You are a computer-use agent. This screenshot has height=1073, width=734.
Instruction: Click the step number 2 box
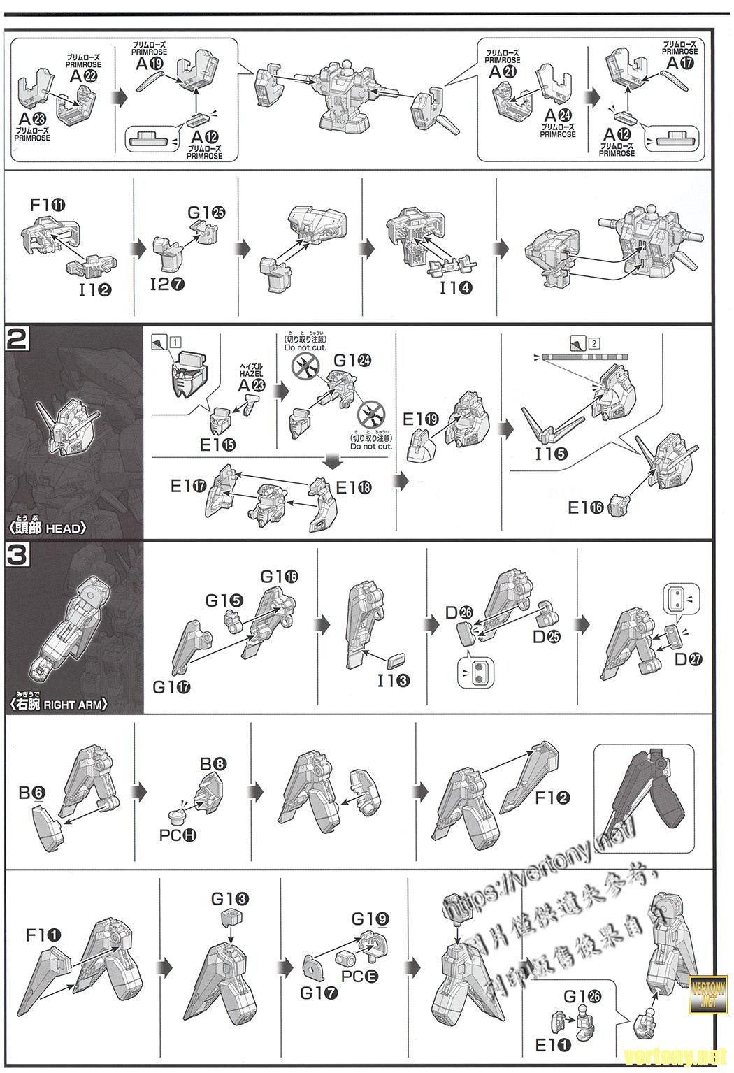17,340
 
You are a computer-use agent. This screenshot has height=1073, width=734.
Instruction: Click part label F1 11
48,206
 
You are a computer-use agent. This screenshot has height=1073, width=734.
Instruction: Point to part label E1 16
586,508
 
